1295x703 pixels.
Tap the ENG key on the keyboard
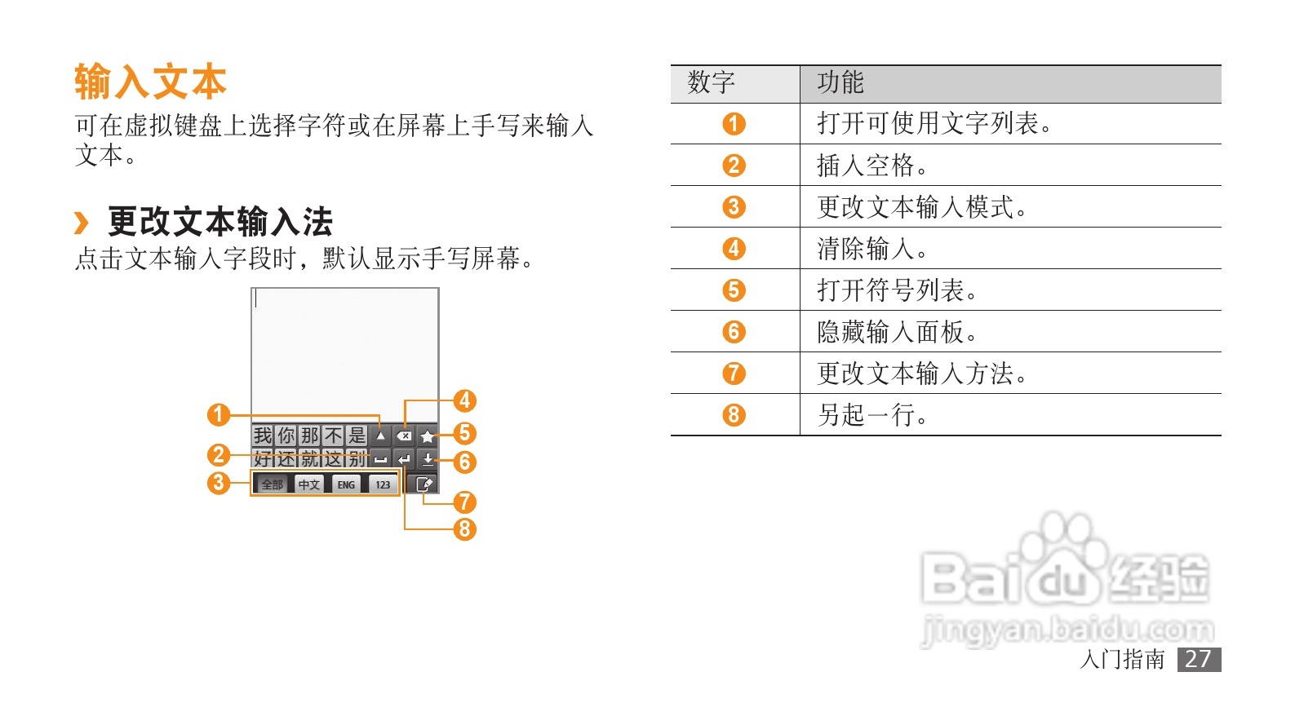[x=346, y=484]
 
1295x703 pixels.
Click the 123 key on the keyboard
[x=383, y=484]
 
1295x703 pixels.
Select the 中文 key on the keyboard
[x=309, y=484]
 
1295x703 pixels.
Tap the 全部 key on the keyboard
[x=272, y=484]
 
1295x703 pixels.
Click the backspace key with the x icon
[x=404, y=436]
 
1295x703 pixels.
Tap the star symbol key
[x=428, y=436]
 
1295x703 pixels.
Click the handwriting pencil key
[x=424, y=484]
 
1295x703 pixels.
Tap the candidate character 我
[x=262, y=436]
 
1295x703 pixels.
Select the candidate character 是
[x=357, y=436]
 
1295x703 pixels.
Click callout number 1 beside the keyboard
[x=218, y=415]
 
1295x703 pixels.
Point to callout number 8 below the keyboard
[x=464, y=529]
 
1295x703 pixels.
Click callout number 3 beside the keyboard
[x=218, y=483]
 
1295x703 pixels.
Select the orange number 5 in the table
[x=734, y=290]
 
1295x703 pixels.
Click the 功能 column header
[x=840, y=82]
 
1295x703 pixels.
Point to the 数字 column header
[x=711, y=82]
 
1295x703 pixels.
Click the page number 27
[x=1198, y=659]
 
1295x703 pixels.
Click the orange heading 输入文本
[x=150, y=82]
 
